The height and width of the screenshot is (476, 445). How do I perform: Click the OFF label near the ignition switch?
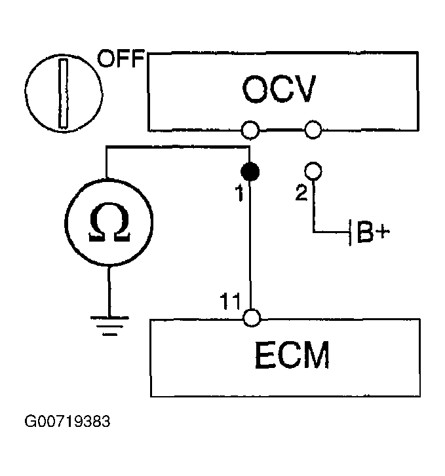pos(121,58)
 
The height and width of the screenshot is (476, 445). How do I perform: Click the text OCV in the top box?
pos(279,89)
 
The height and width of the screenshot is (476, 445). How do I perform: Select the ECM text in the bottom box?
pos(292,355)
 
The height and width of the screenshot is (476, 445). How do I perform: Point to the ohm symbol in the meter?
pos(109,222)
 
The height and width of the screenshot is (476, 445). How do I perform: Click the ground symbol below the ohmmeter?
pos(109,326)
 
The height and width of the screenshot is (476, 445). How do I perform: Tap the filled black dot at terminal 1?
pos(250,172)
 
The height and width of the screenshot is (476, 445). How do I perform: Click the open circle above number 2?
pos(313,171)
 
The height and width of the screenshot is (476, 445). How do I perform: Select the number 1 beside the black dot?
pos(239,193)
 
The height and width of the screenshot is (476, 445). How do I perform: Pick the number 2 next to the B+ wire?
pos(301,192)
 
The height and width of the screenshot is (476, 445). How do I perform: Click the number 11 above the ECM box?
pos(230,301)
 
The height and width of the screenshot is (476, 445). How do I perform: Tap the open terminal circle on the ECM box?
pos(252,318)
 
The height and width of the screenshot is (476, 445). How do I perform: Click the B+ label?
pos(374,232)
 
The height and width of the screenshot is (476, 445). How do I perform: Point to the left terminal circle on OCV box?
pos(250,130)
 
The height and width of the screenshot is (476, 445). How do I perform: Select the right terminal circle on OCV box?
pos(313,130)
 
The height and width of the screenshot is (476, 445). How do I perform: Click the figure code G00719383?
pos(67,422)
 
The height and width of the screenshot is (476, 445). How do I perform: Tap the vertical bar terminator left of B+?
pos(350,232)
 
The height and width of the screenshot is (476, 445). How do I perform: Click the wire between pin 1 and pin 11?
pos(250,245)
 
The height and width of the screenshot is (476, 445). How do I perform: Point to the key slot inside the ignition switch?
pos(63,93)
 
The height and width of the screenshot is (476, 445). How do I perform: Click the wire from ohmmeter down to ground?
pos(109,291)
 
